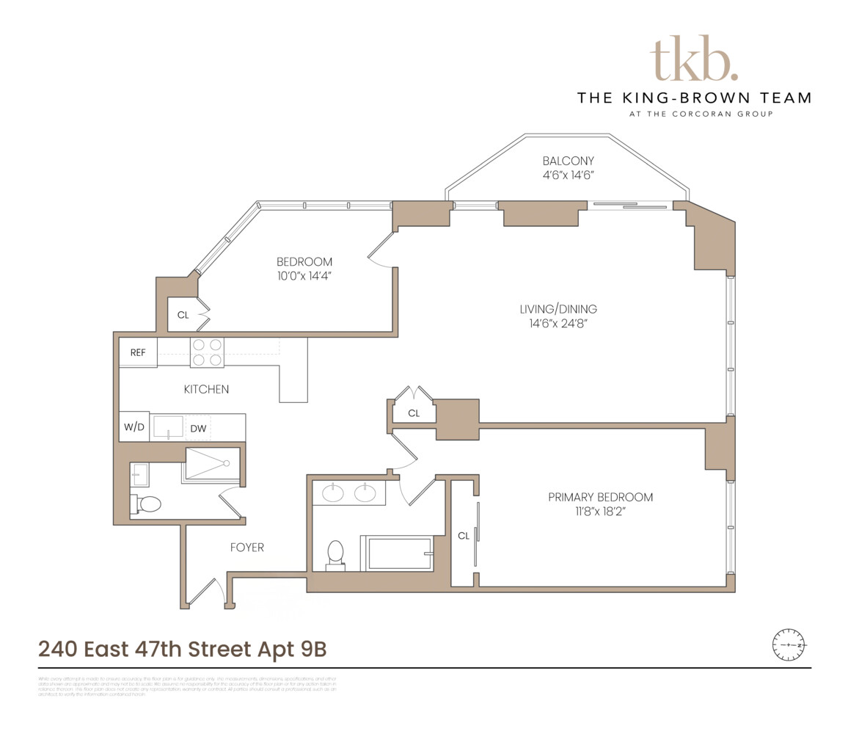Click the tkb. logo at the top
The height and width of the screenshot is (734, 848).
694,58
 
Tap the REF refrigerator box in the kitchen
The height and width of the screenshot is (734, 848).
138,352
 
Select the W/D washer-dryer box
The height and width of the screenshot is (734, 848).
134,427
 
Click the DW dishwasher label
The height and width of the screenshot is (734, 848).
198,428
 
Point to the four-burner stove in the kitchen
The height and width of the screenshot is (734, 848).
207,352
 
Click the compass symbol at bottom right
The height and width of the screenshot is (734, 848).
789,644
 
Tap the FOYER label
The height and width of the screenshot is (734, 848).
247,548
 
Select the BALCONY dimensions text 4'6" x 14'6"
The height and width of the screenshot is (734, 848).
568,175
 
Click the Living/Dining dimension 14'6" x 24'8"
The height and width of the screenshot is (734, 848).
558,324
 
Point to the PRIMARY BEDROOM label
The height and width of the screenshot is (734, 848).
600,498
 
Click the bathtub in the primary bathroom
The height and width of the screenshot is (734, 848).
399,553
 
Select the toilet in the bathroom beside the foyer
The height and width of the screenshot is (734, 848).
148,504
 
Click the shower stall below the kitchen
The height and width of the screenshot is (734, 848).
212,464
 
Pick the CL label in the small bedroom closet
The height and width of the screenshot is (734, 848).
183,316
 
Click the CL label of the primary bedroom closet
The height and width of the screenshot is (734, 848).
463,536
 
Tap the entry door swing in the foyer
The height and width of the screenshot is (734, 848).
208,592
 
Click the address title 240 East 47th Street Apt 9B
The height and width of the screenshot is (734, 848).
182,650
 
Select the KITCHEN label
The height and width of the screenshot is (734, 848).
206,390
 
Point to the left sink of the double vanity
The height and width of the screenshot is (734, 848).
334,493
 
